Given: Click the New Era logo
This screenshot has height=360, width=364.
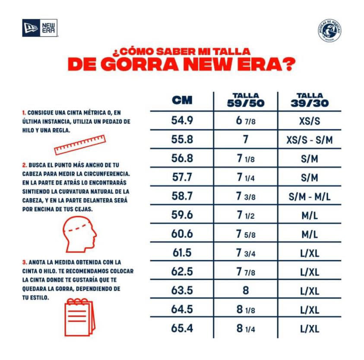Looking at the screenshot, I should click(x=40, y=29).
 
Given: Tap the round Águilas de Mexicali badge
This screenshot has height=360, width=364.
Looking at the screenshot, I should click(x=330, y=31).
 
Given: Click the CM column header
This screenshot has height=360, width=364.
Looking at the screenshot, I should click(x=182, y=101).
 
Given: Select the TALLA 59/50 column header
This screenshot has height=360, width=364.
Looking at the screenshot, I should click(x=246, y=100).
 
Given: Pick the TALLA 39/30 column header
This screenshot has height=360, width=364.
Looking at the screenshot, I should click(x=310, y=100).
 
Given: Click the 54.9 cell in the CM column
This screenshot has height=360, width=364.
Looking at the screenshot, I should click(x=182, y=121).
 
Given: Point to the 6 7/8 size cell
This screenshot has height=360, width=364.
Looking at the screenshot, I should click(x=246, y=121).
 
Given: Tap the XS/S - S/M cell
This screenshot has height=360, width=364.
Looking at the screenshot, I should click(x=310, y=140).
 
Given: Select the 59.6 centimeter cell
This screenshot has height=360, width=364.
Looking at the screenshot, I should click(x=182, y=215).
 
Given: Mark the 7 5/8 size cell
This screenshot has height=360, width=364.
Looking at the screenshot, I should click(x=246, y=234).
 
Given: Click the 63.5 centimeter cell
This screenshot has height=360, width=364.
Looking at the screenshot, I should click(x=182, y=291).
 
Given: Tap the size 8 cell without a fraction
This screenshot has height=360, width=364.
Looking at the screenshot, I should click(x=246, y=291).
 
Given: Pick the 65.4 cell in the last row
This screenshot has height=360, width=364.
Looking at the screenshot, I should click(x=182, y=328).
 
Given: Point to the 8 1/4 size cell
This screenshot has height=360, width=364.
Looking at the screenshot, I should click(x=246, y=328).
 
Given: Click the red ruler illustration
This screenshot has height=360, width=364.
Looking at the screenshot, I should click(x=80, y=145).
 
